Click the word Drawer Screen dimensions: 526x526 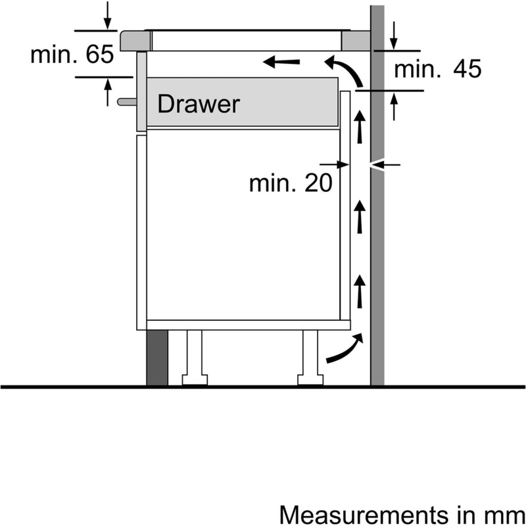(x=199, y=104)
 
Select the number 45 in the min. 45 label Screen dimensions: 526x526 (x=467, y=69)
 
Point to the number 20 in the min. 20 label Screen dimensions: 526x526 (x=318, y=183)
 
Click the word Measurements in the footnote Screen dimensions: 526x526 (x=364, y=514)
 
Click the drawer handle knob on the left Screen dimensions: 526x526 (x=127, y=101)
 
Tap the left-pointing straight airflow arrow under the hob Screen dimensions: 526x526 (x=281, y=62)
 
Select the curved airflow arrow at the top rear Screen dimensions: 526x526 (x=343, y=71)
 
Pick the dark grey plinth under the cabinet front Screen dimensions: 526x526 (x=157, y=358)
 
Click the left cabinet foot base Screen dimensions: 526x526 (x=195, y=380)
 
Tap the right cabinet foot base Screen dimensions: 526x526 (x=310, y=380)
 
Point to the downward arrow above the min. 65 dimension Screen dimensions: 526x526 (x=107, y=15)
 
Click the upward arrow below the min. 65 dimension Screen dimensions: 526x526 (x=108, y=92)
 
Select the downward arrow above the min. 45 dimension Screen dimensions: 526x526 (x=394, y=36)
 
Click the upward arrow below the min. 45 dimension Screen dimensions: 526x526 (x=394, y=106)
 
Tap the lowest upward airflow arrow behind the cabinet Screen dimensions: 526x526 (x=360, y=291)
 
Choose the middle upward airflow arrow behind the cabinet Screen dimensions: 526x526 (x=360, y=217)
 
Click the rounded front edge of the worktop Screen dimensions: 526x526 (x=124, y=41)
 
